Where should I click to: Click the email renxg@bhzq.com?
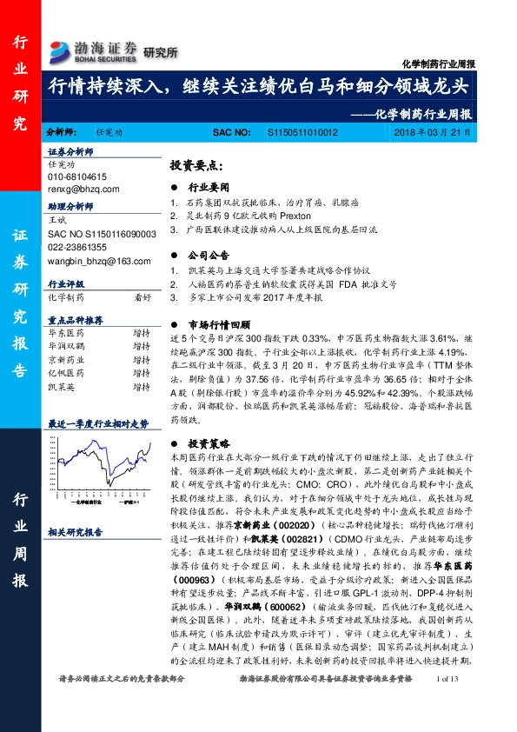click(79, 188)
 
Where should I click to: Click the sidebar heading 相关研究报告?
click(75, 532)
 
